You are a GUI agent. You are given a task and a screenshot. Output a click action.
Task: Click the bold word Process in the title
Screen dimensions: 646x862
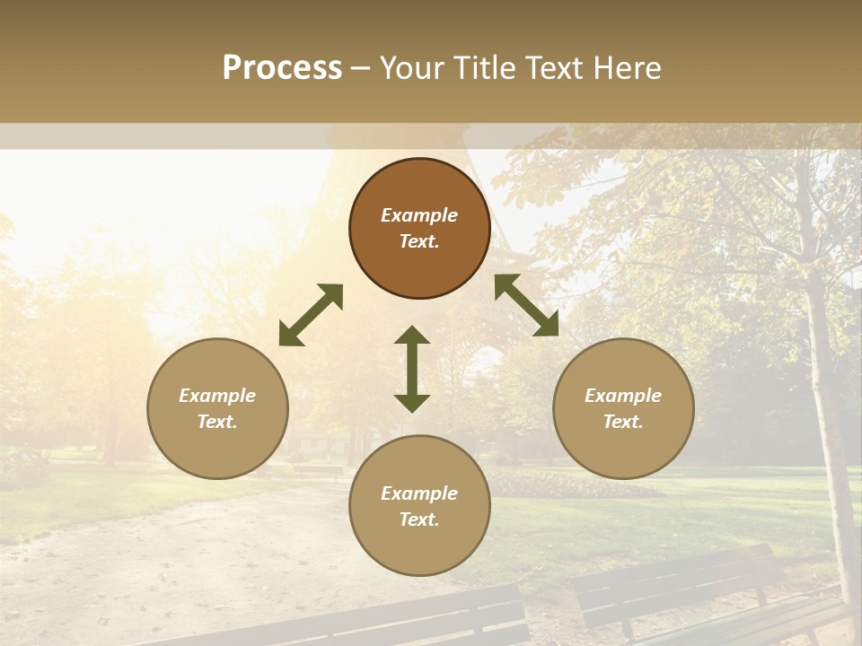tap(282, 68)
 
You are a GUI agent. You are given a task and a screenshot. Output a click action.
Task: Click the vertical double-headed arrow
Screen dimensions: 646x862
tap(412, 369)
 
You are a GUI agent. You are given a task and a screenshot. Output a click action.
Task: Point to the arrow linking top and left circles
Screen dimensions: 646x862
tap(311, 315)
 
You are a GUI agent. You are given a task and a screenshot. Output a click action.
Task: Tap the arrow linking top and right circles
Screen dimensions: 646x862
tap(526, 305)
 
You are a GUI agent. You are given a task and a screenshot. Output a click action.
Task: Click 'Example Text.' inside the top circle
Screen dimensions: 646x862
tap(419, 228)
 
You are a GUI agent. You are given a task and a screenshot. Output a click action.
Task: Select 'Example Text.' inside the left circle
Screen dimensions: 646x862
tap(217, 408)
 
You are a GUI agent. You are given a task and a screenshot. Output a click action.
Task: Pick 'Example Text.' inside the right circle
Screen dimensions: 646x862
tap(623, 408)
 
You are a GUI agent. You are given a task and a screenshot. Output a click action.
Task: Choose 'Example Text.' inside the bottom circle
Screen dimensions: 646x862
tap(419, 506)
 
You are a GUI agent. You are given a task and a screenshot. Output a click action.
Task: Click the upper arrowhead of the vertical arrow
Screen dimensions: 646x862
tap(412, 336)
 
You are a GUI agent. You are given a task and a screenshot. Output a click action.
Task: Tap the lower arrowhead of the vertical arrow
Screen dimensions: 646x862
tap(412, 402)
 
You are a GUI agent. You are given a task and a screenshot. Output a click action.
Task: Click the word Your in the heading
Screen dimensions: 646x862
tap(410, 68)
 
